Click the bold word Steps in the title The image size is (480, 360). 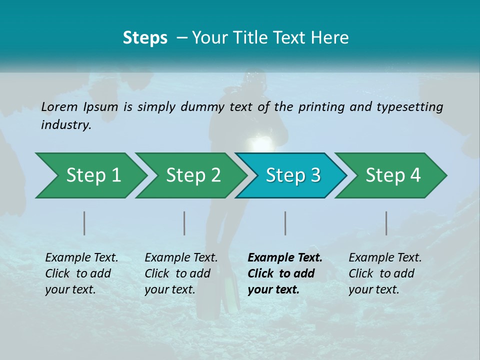click(145, 38)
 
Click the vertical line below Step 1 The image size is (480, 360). click(84, 223)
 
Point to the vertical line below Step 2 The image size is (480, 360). click(184, 223)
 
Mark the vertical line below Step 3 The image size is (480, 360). click(285, 223)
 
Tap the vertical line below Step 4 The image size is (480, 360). click(386, 223)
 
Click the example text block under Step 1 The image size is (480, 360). click(81, 273)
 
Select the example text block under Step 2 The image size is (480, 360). click(181, 273)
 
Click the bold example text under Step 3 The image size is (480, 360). click(285, 273)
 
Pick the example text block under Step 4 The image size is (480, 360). click(385, 273)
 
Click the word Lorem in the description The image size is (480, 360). click(59, 106)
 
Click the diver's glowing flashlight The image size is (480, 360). click(263, 144)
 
